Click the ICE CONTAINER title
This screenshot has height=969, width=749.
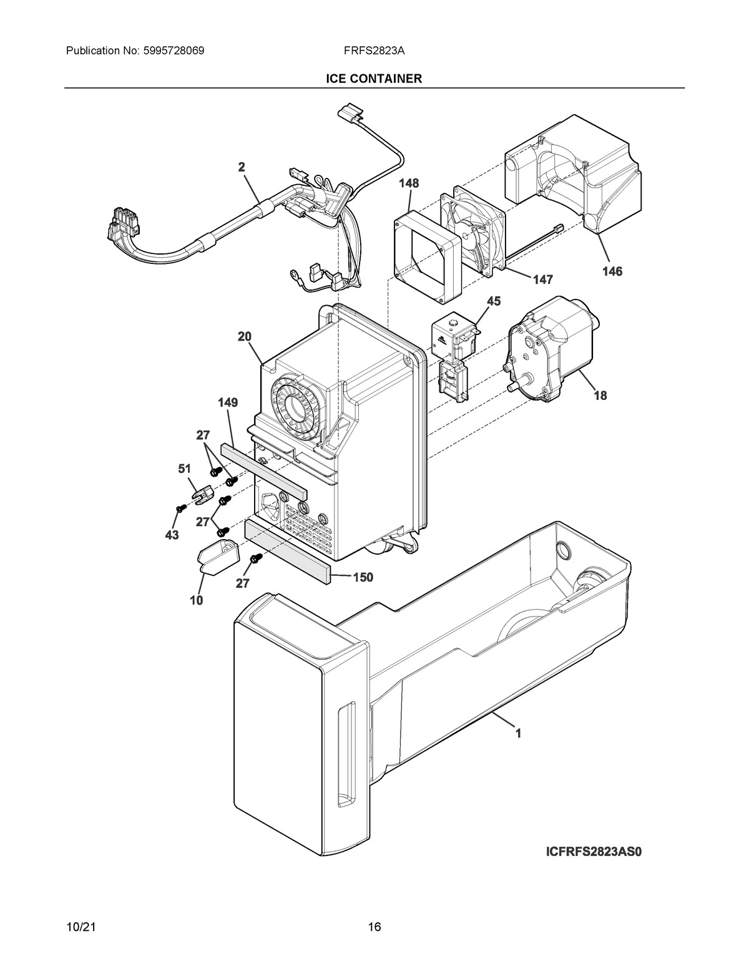pyautogui.click(x=374, y=79)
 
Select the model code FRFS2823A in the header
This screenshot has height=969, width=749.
pyautogui.click(x=374, y=51)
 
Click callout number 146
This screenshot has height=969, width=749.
pyautogui.click(x=612, y=271)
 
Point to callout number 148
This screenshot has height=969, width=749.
pyautogui.click(x=409, y=183)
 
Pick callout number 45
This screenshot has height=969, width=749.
pyautogui.click(x=493, y=302)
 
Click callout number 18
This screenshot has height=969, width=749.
pyautogui.click(x=600, y=395)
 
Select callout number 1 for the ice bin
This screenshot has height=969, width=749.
pyautogui.click(x=517, y=734)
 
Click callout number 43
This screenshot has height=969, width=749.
pyautogui.click(x=172, y=535)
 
